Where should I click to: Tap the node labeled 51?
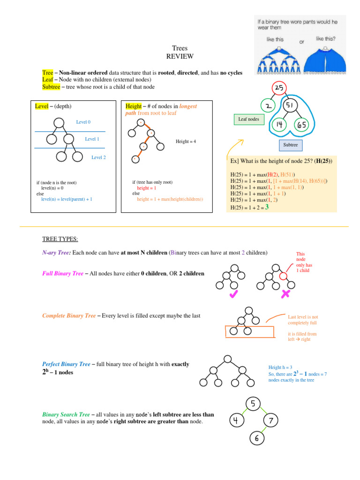pyautogui.click(x=291, y=106)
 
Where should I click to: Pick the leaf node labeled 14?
pyautogui.click(x=279, y=125)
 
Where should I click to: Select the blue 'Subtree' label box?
pyautogui.click(x=291, y=145)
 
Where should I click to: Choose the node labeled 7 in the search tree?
pyautogui.click(x=270, y=421)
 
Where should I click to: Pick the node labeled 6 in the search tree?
pyautogui.click(x=257, y=438)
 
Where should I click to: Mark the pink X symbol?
pyautogui.click(x=286, y=294)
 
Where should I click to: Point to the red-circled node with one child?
pyautogui.click(x=283, y=277)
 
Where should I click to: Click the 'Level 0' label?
pyautogui.click(x=83, y=122)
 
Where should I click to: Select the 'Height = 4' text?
pyautogui.click(x=186, y=141)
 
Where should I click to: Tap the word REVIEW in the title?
pyautogui.click(x=180, y=56)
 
